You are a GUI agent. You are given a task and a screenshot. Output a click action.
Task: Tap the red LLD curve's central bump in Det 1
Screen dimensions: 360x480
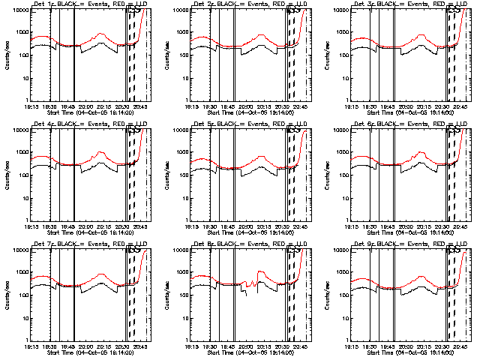pos(100,34)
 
